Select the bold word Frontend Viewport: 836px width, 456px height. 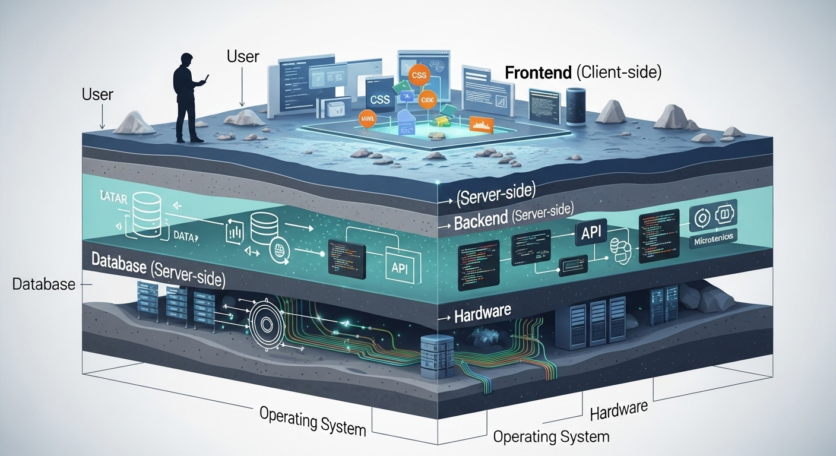(x=538, y=73)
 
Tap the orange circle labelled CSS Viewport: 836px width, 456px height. (x=419, y=75)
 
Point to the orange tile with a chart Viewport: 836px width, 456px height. (x=481, y=124)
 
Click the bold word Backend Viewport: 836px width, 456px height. (x=479, y=222)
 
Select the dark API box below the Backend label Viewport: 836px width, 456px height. (x=591, y=232)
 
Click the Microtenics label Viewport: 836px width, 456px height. (x=713, y=238)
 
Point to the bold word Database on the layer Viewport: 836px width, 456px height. (x=119, y=264)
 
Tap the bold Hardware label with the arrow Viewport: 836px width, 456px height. (x=482, y=314)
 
